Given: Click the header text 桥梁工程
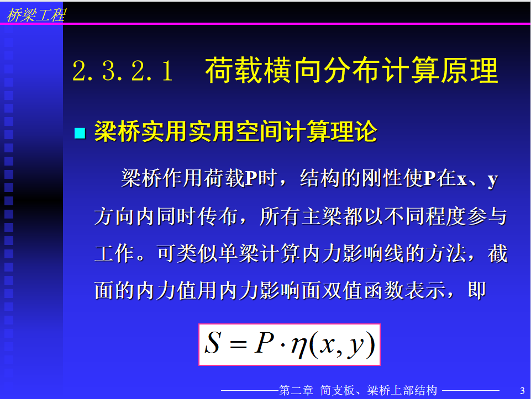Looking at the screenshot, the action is [36, 15].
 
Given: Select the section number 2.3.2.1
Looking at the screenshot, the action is [123, 71].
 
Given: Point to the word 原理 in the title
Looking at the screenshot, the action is [469, 70].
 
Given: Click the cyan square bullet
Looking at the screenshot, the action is [80, 133].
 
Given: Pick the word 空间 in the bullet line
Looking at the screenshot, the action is [259, 131].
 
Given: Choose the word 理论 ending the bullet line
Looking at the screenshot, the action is [354, 131].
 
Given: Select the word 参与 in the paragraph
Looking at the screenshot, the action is [487, 216].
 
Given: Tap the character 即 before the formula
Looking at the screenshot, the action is [477, 290].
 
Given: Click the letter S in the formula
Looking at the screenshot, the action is [213, 343].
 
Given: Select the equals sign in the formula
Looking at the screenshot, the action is [238, 344].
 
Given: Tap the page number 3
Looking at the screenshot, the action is [522, 391].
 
